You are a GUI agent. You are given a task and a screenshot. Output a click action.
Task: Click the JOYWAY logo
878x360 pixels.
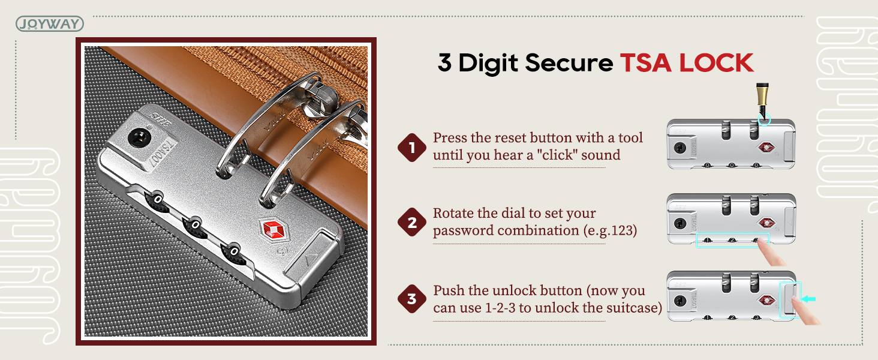click(50, 23)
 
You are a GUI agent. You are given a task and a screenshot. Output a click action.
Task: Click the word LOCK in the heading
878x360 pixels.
click(716, 63)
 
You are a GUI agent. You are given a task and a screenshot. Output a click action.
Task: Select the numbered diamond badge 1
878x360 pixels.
click(412, 148)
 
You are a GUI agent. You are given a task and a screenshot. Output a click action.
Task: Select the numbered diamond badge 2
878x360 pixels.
click(412, 222)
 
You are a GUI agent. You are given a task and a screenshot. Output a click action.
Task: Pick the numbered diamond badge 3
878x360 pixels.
click(412, 298)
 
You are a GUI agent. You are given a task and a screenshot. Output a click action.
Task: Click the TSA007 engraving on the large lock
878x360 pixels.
click(163, 154)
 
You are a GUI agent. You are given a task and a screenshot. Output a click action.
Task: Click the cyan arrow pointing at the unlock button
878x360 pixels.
click(808, 299)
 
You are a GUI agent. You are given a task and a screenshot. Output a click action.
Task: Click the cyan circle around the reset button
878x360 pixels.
click(764, 119)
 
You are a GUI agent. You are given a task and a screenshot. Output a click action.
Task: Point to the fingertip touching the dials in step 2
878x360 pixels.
click(762, 243)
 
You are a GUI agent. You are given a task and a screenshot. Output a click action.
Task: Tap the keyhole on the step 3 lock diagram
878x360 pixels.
click(680, 301)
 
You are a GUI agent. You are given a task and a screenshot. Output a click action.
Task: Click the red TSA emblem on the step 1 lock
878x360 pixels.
click(766, 148)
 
